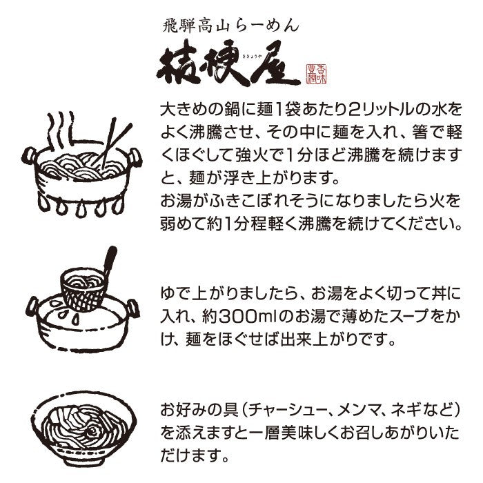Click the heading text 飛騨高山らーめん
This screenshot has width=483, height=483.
pyautogui.click(x=230, y=26)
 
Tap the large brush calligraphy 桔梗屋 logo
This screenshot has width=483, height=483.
pyautogui.click(x=228, y=63)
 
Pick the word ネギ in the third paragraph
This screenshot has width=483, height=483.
pyautogui.click(x=404, y=411)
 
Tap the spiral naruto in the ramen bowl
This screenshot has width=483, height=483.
pyautogui.click(x=92, y=431)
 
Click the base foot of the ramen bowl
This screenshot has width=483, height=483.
pyautogui.click(x=83, y=461)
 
